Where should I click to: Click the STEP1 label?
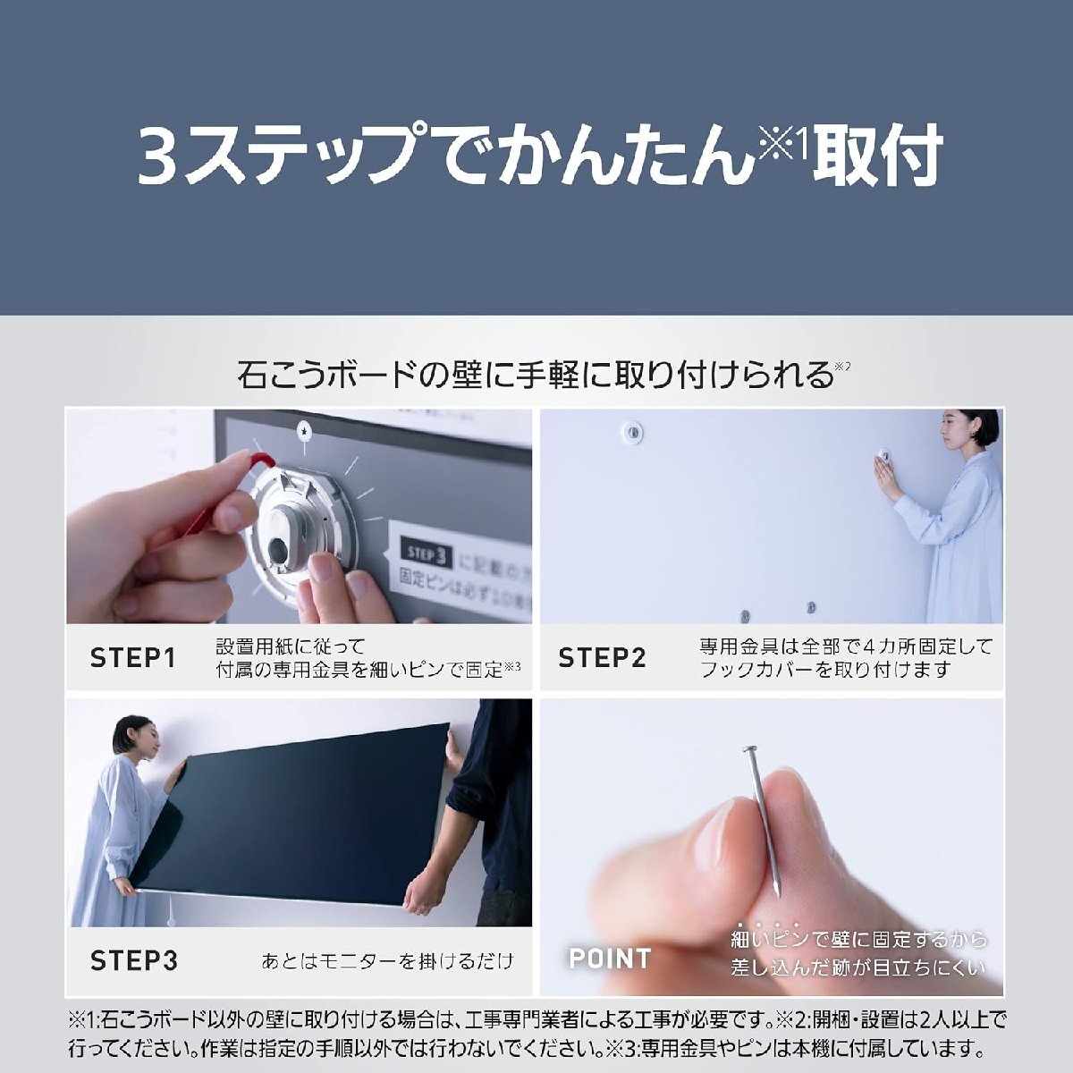(132, 658)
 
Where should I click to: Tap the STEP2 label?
(602, 658)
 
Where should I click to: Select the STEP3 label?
(134, 961)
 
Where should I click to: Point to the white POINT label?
(610, 959)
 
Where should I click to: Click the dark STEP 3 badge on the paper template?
(427, 553)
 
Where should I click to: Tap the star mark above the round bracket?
(307, 431)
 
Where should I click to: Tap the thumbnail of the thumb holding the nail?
(715, 836)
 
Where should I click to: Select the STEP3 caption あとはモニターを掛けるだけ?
(387, 961)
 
